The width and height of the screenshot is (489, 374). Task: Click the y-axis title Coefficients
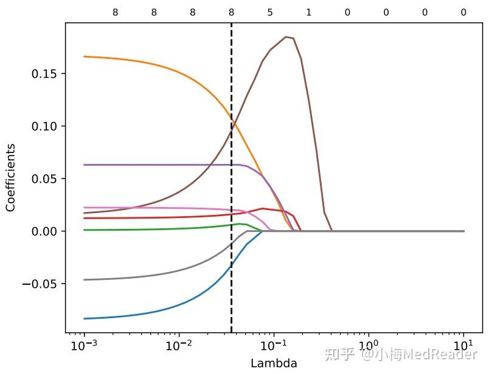[x=11, y=177]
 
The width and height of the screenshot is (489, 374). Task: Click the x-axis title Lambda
[x=274, y=363]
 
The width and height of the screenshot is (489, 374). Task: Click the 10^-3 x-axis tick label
[x=84, y=346]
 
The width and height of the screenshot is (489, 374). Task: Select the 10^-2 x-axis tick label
[x=179, y=346]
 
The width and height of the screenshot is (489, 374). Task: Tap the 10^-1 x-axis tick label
[x=274, y=346]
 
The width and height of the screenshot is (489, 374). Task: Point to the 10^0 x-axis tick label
[x=369, y=346]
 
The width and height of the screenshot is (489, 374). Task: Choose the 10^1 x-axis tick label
[x=463, y=346]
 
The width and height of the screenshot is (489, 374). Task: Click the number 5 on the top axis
[x=270, y=12]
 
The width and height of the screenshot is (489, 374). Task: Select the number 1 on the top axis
[x=308, y=12]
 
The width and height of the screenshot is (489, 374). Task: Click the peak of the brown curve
[x=286, y=37]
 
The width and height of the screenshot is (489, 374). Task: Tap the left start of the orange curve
[x=85, y=56]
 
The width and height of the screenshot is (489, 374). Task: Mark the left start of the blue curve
[x=85, y=318]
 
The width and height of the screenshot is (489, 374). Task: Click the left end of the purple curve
[x=85, y=165]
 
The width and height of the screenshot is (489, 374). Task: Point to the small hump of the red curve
[x=262, y=209]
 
